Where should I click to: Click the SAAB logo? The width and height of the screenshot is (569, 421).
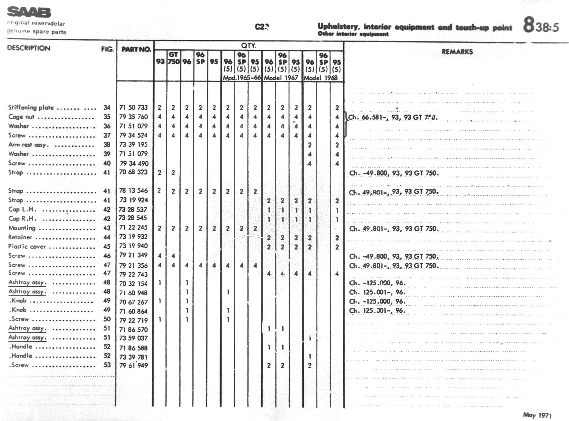pos(29,12)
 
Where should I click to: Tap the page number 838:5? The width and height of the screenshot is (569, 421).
pos(541,25)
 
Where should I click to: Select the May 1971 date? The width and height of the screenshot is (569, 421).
pos(537,415)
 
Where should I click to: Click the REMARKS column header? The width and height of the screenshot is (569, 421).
pos(457,52)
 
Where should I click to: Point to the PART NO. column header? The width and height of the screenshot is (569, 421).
pos(136,49)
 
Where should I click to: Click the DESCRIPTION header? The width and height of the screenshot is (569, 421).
pos(28,48)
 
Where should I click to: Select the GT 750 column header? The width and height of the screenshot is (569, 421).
pos(173,58)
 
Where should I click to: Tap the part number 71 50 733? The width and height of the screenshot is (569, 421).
pos(134,107)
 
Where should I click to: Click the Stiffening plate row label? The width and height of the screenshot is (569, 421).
pos(31,107)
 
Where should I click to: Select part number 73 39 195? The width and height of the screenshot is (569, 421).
pos(134,145)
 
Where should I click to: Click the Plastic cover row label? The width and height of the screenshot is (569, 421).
pos(27,246)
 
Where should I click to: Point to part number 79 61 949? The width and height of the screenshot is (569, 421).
pos(134,366)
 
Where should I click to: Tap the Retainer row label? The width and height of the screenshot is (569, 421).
pos(20,237)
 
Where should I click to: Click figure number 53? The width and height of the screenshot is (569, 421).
pos(107,365)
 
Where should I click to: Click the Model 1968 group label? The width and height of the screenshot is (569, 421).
pos(321,78)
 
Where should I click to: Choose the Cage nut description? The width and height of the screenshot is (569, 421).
pos(21,117)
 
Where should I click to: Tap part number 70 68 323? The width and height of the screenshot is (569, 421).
pos(134,172)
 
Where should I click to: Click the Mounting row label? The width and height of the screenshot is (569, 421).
pos(22,228)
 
